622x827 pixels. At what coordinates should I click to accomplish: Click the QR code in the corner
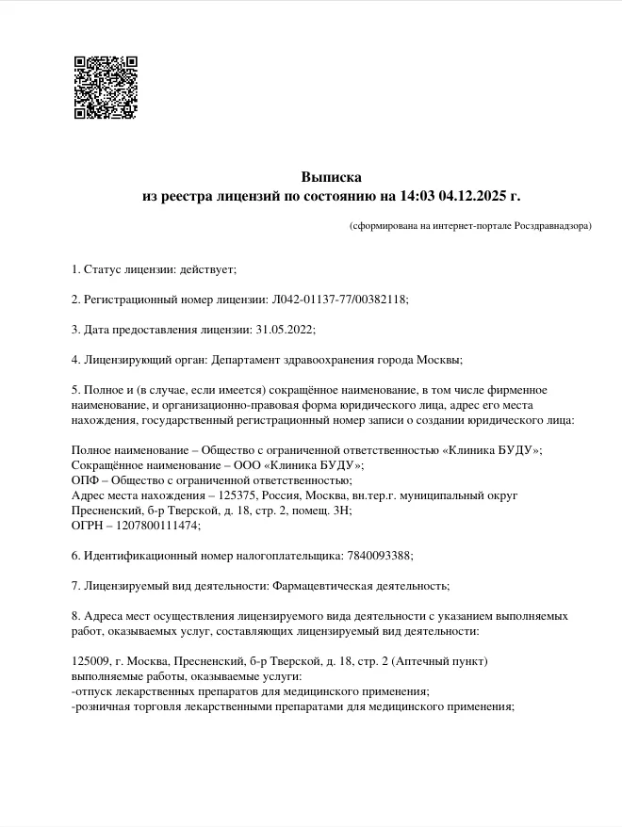pos(105,88)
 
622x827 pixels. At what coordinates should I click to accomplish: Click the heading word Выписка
pos(331,177)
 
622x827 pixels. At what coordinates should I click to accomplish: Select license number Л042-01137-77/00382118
pos(338,300)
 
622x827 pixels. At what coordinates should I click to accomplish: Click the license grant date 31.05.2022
pos(284,330)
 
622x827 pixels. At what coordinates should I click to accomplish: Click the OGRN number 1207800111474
pos(159,526)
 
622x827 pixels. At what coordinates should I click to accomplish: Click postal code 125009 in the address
pos(90,661)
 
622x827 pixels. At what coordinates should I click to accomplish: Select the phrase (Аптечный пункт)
pos(437,661)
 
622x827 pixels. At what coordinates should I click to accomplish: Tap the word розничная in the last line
pos(101,706)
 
